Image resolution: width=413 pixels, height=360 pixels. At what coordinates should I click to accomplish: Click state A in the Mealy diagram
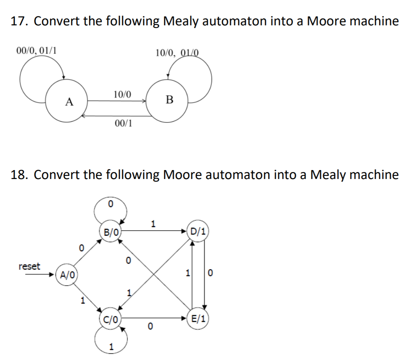click(x=69, y=102)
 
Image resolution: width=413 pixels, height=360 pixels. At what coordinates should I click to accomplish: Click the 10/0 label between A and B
click(x=122, y=94)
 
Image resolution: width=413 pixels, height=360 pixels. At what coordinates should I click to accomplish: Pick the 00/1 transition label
click(x=124, y=124)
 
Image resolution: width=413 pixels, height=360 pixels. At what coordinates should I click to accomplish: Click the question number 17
click(x=19, y=21)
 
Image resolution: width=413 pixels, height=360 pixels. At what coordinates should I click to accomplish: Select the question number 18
click(x=19, y=175)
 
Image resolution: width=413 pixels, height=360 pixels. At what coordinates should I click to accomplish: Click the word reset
click(x=29, y=266)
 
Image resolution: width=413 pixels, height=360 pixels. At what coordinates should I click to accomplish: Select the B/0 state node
click(x=110, y=233)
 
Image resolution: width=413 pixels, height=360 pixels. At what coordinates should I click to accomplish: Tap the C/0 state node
click(x=110, y=319)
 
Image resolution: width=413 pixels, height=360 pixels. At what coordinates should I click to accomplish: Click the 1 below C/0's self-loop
click(x=111, y=346)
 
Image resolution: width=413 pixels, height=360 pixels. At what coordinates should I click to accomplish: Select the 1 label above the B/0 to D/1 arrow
click(x=153, y=224)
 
